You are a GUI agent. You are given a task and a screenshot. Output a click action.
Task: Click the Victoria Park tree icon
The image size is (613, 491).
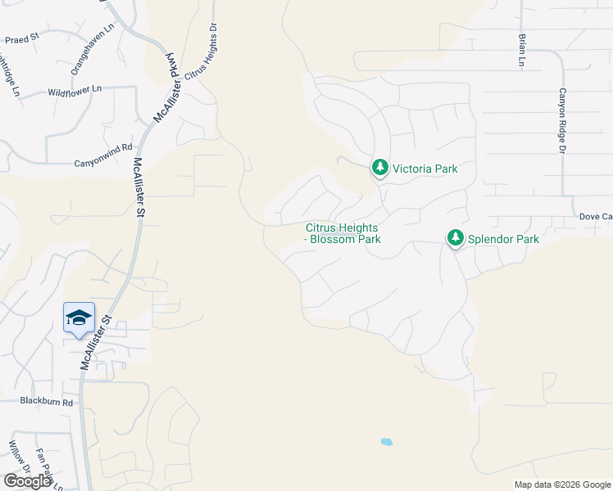(x=379, y=168)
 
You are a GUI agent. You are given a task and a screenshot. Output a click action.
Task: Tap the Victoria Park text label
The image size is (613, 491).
(x=425, y=169)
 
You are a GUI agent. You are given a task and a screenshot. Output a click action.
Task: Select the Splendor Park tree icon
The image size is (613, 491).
(x=455, y=238)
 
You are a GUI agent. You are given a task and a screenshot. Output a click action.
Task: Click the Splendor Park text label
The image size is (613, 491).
(x=503, y=240)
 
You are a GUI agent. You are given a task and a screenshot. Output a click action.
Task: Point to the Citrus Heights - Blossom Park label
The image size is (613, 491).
(x=343, y=233)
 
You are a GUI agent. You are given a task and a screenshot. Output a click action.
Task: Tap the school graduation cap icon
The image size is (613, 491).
(x=79, y=318)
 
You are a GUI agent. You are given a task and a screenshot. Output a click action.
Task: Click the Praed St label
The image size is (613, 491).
(x=22, y=38)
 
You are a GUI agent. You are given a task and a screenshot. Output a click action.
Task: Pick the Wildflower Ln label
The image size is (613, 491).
(x=75, y=88)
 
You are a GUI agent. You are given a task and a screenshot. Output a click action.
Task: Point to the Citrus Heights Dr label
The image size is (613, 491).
(x=201, y=51)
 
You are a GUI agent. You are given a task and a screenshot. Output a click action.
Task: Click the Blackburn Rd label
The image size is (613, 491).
(x=47, y=402)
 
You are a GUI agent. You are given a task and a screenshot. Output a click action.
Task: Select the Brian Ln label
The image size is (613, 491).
(x=521, y=49)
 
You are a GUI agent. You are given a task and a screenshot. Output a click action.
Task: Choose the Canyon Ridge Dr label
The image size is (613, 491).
(x=563, y=121)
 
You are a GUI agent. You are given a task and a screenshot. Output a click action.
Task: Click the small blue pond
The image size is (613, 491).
(x=387, y=442)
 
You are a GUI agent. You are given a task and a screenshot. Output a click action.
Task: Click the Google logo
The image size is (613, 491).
(x=27, y=480)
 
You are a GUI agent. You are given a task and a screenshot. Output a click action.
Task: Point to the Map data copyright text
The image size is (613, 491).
(x=561, y=484)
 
